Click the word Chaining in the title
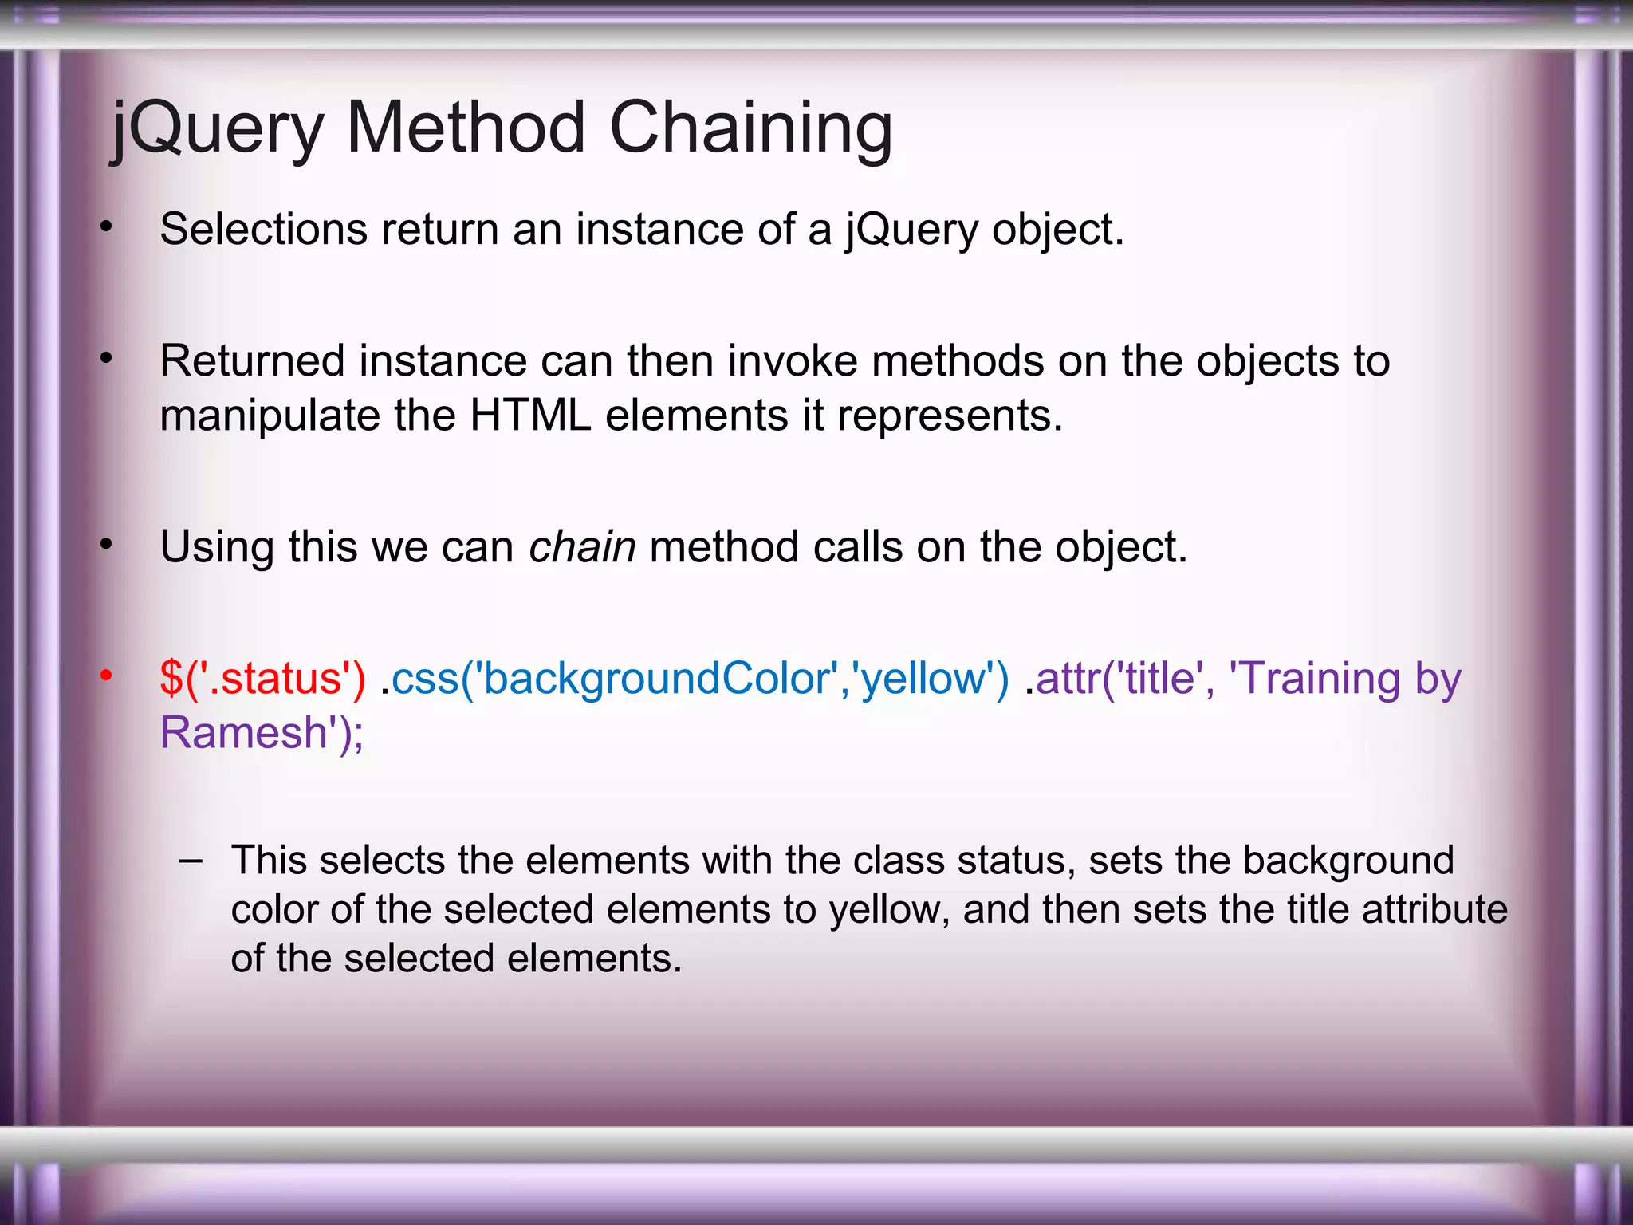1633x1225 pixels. (x=750, y=128)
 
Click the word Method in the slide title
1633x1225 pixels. (x=466, y=128)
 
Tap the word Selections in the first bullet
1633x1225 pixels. (x=263, y=230)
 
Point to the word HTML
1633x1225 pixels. (x=530, y=416)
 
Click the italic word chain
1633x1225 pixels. (x=582, y=547)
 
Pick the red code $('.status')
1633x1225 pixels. (x=262, y=679)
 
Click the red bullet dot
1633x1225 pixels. (x=106, y=676)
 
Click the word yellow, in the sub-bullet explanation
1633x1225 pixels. (x=889, y=910)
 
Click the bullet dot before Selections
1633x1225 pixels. (x=106, y=227)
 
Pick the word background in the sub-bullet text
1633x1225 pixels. (x=1348, y=861)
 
